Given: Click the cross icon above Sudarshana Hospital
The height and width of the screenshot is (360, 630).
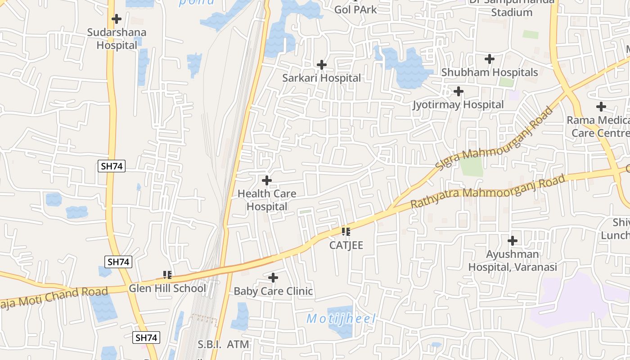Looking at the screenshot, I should pyautogui.click(x=117, y=19).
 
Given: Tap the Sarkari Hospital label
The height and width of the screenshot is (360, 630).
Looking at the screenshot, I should pyautogui.click(x=321, y=78).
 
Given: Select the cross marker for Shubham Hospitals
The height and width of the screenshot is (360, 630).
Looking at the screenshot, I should pyautogui.click(x=490, y=59).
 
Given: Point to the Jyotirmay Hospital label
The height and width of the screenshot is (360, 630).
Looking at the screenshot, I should pyautogui.click(x=458, y=105).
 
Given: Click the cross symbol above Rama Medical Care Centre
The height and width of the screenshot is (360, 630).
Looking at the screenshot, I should pyautogui.click(x=601, y=107).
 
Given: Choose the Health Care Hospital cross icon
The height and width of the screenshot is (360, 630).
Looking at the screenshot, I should pyautogui.click(x=267, y=180).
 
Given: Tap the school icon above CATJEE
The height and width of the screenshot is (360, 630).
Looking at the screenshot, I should pyautogui.click(x=346, y=232).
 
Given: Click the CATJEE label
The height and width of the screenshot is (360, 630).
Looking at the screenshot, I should pyautogui.click(x=346, y=245).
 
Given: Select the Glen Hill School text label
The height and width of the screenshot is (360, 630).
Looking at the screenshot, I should pyautogui.click(x=167, y=288).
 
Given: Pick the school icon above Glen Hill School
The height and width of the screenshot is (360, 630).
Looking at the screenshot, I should pyautogui.click(x=167, y=274).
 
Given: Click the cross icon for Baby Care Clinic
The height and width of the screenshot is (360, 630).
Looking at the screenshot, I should pyautogui.click(x=273, y=278).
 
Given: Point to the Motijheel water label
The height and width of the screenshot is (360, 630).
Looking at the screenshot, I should pyautogui.click(x=341, y=319).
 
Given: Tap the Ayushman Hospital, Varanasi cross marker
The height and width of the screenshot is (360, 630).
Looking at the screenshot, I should pyautogui.click(x=513, y=241).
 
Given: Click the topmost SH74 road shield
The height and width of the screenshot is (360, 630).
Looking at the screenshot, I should pyautogui.click(x=111, y=166).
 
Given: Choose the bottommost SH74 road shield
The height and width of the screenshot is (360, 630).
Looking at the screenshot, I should pyautogui.click(x=146, y=337).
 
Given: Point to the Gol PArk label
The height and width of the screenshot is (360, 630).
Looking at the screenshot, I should pyautogui.click(x=355, y=9).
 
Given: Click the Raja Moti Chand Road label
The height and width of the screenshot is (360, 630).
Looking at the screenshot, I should pyautogui.click(x=54, y=297).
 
